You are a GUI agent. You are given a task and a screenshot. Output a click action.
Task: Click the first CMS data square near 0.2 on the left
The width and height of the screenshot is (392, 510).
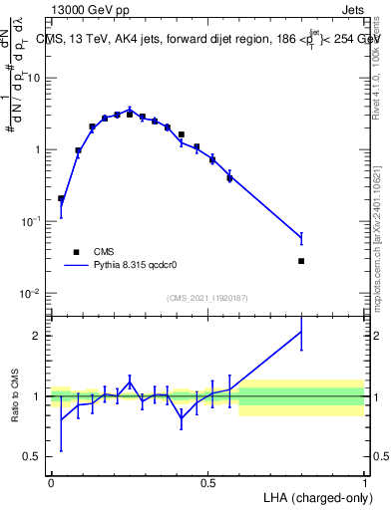[61, 198]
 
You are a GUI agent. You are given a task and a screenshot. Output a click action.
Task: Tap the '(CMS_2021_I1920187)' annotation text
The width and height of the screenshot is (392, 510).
[207, 298]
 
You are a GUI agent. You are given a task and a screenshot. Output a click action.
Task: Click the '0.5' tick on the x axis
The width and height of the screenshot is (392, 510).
[207, 482]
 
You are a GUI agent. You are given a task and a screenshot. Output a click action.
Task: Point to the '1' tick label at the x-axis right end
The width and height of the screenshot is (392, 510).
[364, 482]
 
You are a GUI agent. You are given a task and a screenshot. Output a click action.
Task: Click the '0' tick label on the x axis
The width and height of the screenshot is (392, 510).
[51, 482]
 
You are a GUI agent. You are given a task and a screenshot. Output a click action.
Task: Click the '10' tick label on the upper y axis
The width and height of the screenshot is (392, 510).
[34, 78]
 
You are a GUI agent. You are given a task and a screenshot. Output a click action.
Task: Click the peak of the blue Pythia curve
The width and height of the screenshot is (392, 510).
[130, 110]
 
